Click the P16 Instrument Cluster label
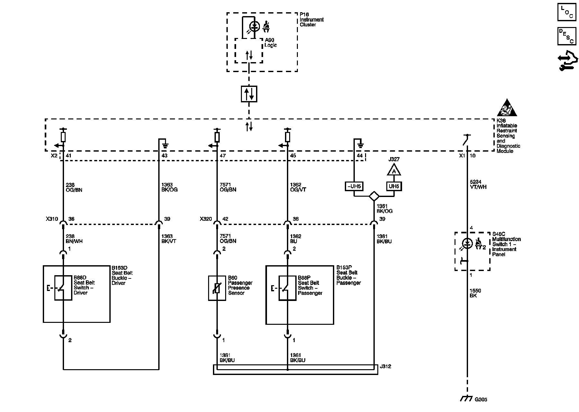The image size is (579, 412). pos(311,20)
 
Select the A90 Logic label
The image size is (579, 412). pos(271,42)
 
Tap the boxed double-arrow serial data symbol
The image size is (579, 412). pos(249,94)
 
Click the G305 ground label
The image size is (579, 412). pos(481,399)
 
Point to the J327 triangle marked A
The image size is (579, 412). pos(394,170)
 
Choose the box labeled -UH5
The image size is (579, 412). pos(354,186)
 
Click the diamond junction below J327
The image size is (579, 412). pos(374,196)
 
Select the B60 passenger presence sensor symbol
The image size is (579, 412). pos(217,288)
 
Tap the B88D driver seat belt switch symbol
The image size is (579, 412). pos(63,288)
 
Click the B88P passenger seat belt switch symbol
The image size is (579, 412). pos(287,288)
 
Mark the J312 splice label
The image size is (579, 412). pos(385,366)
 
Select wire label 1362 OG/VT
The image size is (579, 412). pos(298,187)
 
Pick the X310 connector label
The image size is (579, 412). pos(52,219)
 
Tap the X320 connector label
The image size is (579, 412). pos(206,219)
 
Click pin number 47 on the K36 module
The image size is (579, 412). pos(223,156)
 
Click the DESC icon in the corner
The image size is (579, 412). pos(567,36)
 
